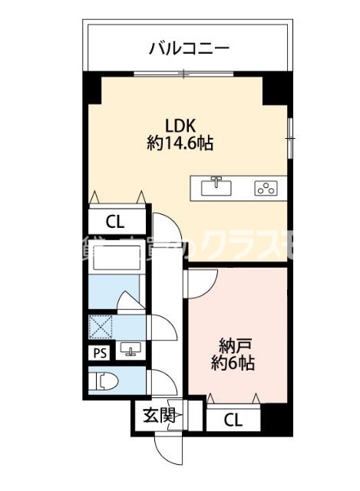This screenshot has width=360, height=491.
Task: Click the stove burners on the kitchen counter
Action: point(266,186)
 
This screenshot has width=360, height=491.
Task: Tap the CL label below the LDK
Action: point(115,222)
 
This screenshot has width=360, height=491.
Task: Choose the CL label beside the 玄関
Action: point(234,420)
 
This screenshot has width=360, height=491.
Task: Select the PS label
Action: point(100,353)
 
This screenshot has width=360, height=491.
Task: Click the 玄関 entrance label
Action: point(158,417)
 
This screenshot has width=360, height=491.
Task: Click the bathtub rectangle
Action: point(114,261)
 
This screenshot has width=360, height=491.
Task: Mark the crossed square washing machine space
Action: point(101,328)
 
